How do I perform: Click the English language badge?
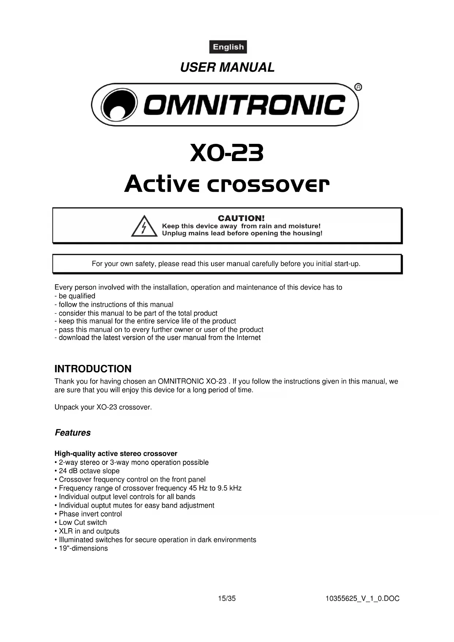(x=228, y=47)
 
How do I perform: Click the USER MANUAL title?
(x=227, y=67)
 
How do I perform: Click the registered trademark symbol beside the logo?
(x=358, y=87)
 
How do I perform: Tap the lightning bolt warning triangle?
(x=144, y=226)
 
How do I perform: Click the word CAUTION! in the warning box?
(x=241, y=218)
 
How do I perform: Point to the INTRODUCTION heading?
(x=93, y=369)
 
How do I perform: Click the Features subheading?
(x=73, y=433)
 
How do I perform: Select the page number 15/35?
(x=227, y=599)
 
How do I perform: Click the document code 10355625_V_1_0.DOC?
(x=362, y=599)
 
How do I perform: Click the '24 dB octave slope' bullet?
(x=89, y=471)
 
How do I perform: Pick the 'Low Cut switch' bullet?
(x=83, y=523)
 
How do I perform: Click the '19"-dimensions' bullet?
(x=83, y=548)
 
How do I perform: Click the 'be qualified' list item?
(x=77, y=296)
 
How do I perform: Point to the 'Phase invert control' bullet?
(x=90, y=514)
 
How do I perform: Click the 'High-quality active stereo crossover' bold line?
(x=116, y=454)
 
